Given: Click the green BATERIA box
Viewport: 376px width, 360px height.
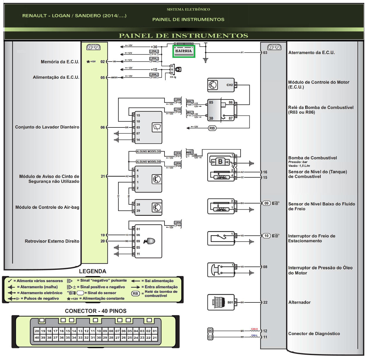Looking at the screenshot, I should tap(184, 51).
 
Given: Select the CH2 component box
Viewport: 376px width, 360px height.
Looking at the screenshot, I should tap(221, 85).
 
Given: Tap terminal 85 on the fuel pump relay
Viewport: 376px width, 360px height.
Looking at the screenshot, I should tap(211, 102).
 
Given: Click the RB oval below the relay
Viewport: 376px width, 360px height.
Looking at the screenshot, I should tap(212, 128).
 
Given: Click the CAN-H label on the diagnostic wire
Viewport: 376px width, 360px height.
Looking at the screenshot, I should tap(254, 329).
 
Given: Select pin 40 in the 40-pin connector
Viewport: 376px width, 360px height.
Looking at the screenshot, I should tap(37, 338).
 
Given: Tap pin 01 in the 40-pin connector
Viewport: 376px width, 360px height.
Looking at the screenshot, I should tap(155, 331).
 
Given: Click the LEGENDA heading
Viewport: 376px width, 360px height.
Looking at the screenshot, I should tap(93, 271).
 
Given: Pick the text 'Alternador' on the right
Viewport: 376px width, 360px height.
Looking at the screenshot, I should tap(299, 302).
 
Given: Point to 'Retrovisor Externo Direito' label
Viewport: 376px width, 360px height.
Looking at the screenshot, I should tap(52, 241).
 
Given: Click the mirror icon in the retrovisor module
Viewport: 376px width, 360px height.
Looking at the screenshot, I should tap(150, 241).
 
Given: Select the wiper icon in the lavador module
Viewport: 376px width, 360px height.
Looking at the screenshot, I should tap(157, 127).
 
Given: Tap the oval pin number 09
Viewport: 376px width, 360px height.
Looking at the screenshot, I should tap(266, 203).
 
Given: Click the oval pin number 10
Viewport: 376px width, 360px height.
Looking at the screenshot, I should tap(266, 235).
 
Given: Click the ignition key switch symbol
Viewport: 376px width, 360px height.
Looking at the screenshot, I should tap(178, 70).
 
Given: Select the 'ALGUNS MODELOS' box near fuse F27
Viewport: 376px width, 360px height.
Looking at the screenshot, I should tap(148, 152).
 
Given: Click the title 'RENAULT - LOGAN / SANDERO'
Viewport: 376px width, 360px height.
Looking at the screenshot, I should tap(74, 16).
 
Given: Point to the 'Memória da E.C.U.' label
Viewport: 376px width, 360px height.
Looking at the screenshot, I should tap(60, 62).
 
